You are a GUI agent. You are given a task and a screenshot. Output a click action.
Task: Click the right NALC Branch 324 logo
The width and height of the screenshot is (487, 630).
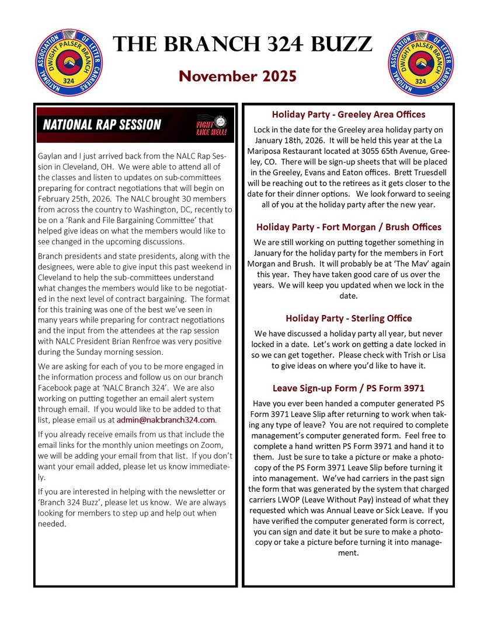click(x=419, y=62)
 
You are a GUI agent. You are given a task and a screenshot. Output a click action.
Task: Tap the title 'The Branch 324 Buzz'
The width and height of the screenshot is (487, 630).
click(x=242, y=44)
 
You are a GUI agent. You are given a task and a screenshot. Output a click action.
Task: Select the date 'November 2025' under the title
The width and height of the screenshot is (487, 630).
click(x=238, y=76)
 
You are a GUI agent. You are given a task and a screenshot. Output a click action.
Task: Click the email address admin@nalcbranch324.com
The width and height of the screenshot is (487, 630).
click(x=166, y=419)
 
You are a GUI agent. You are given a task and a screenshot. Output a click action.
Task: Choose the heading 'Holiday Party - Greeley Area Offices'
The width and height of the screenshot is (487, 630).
click(x=349, y=114)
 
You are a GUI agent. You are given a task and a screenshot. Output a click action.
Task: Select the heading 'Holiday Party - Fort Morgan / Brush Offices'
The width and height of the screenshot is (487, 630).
click(x=349, y=227)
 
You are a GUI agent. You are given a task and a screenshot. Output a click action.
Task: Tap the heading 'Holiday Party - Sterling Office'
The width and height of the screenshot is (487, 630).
click(x=349, y=318)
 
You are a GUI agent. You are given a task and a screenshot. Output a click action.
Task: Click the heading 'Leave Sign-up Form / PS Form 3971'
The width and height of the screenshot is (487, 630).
click(x=349, y=388)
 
